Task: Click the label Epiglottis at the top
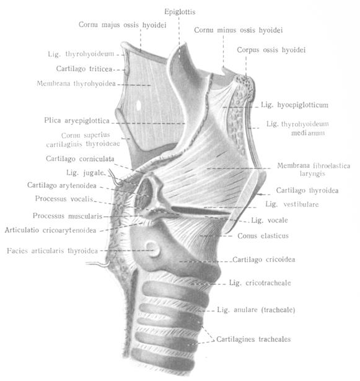(x=180, y=12)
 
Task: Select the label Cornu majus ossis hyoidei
(x=123, y=25)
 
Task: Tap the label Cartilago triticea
(x=84, y=69)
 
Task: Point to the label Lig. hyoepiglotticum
(x=294, y=105)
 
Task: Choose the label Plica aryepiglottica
(x=77, y=121)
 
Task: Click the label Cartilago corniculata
(x=80, y=159)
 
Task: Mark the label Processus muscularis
(x=68, y=216)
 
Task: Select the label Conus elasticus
(x=263, y=235)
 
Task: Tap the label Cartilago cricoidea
(x=264, y=260)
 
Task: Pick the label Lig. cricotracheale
(x=260, y=283)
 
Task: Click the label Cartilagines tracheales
(x=253, y=339)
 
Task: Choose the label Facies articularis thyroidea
(x=52, y=250)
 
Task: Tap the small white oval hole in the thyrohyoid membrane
(x=139, y=105)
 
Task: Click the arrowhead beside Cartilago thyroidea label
(x=259, y=195)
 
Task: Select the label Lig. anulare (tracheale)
(x=256, y=310)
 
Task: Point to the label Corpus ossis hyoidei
(x=271, y=50)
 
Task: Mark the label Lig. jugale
(x=86, y=173)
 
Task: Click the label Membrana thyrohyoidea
(x=76, y=84)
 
